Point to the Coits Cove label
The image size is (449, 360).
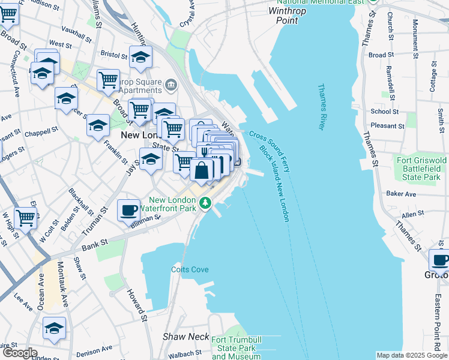click(190, 269)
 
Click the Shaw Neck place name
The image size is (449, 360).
click(185, 337)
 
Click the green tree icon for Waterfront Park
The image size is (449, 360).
click(206, 203)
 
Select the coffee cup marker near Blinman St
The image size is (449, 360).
click(128, 209)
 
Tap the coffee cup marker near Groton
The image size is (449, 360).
click(440, 260)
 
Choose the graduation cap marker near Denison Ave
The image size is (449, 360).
click(54, 328)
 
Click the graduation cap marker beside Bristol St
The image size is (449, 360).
click(140, 58)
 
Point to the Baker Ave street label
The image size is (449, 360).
click(401, 194)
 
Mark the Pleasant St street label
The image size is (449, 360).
click(387, 126)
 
